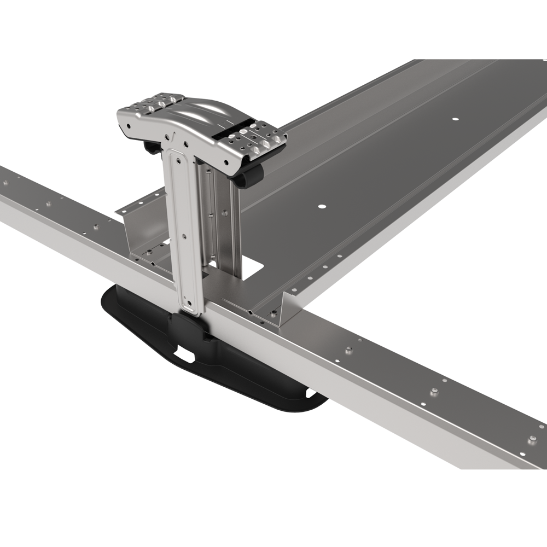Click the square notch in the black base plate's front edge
pyautogui.click(x=187, y=358)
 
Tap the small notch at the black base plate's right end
pyautogui.click(x=310, y=393)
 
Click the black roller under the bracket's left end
pyautogui.click(x=150, y=146)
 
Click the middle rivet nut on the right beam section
pyautogui.click(x=434, y=391)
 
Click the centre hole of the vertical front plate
pyautogui.click(x=184, y=236)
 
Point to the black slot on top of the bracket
pyautogui.click(x=230, y=131)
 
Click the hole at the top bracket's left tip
pyautogui.click(x=127, y=125)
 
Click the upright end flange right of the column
pyautogui.click(x=284, y=312)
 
